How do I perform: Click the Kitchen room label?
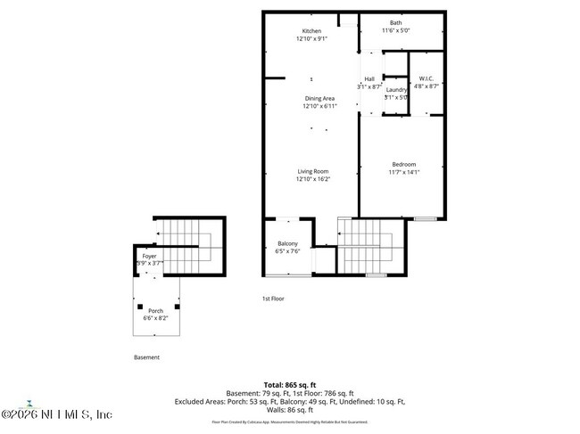pos(311,31)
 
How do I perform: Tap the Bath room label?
pos(395,23)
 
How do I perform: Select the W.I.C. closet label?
pos(426,78)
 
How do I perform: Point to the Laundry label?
pos(396,89)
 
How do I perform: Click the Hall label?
pos(369,79)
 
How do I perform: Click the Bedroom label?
pos(403,164)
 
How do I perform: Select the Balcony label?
pos(287,243)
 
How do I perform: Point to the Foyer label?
pos(149,256)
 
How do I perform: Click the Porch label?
pos(155,310)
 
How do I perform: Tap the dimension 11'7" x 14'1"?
pos(403,173)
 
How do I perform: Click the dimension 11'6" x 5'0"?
pos(395,31)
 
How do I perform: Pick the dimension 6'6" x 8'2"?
pos(155,317)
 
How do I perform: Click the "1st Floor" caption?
pos(272,299)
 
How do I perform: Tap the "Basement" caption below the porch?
pos(147,357)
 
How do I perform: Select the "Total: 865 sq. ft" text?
pos(290,384)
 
